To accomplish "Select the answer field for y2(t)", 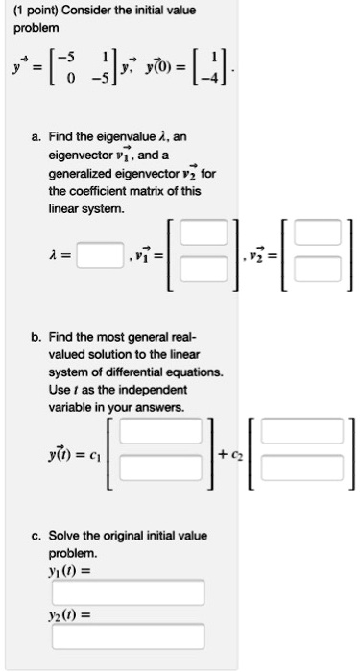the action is [129, 636].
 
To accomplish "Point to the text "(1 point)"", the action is [32, 11].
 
